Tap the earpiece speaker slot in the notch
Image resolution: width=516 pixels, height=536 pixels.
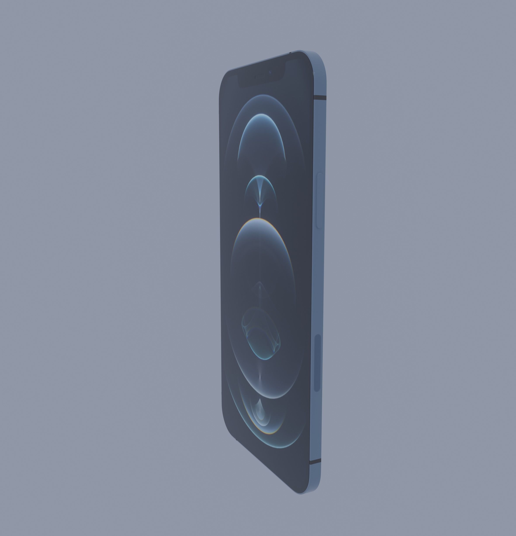point(260,77)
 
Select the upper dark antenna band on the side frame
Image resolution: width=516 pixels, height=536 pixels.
point(320,97)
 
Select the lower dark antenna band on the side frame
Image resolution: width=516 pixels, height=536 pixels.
point(315,462)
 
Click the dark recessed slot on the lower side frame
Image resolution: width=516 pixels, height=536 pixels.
point(317,363)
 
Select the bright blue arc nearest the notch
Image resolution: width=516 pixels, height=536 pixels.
point(261,115)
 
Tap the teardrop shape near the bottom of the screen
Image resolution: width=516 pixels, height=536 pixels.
point(260,410)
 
